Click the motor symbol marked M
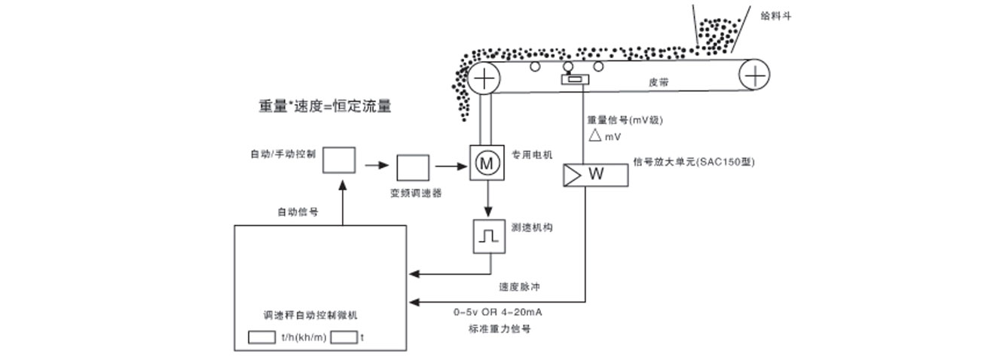(487, 162)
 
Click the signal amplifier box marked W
(595, 175)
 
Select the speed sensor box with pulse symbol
(487, 236)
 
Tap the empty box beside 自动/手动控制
(339, 160)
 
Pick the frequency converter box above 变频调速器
(412, 166)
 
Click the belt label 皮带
(658, 83)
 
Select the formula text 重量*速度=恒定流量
(325, 106)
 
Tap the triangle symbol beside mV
(594, 136)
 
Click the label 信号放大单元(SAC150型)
(694, 161)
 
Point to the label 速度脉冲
(519, 287)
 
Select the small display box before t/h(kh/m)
(261, 337)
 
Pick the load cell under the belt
(575, 80)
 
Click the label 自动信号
(297, 212)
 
